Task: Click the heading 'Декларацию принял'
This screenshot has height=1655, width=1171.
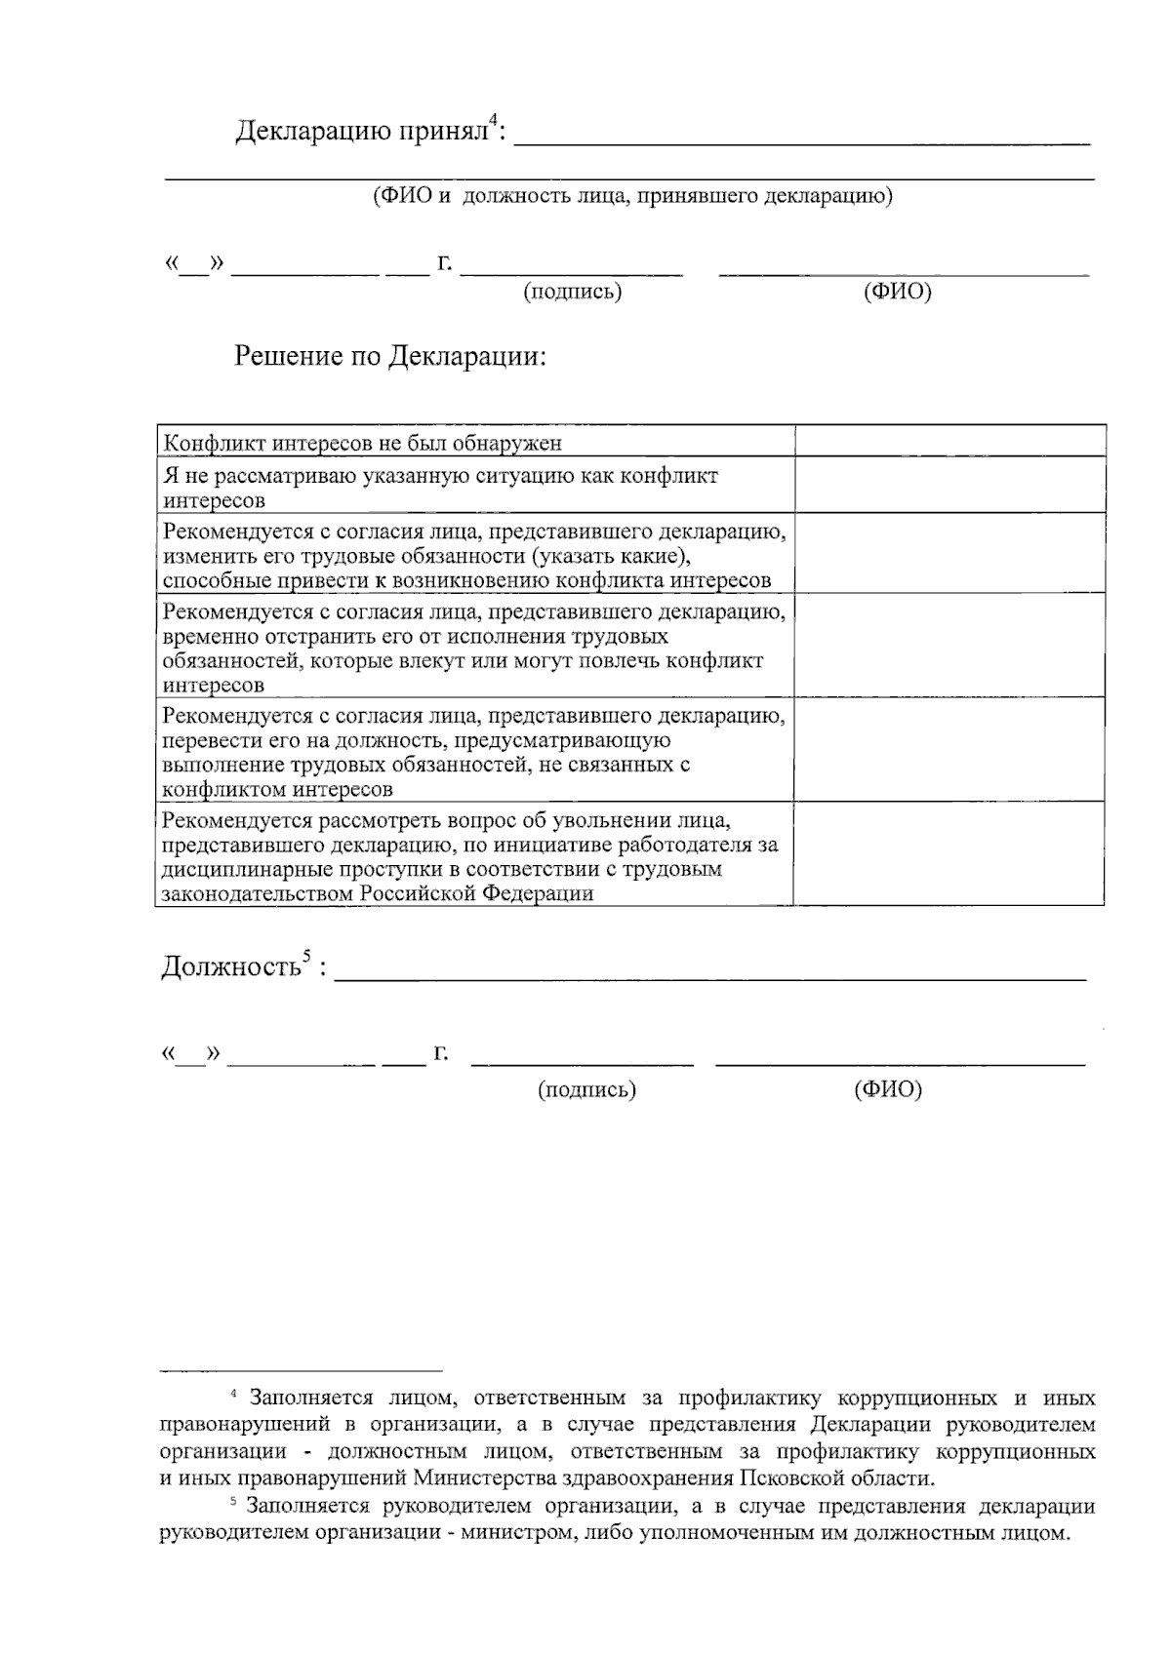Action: [361, 131]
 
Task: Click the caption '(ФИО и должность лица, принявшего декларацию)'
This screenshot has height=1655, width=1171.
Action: [631, 196]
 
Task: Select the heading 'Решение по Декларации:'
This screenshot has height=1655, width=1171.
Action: [390, 356]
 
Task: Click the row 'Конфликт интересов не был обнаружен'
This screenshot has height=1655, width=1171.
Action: [363, 444]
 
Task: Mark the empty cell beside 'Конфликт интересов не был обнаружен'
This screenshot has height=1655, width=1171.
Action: [949, 441]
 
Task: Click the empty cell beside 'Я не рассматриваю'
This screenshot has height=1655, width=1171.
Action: [949, 485]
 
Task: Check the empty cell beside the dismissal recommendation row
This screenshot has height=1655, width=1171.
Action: [949, 853]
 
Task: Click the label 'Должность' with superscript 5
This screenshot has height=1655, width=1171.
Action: [230, 967]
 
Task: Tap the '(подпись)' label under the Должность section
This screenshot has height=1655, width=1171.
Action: [586, 1089]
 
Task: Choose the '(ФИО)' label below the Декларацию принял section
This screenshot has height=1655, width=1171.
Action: [897, 292]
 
